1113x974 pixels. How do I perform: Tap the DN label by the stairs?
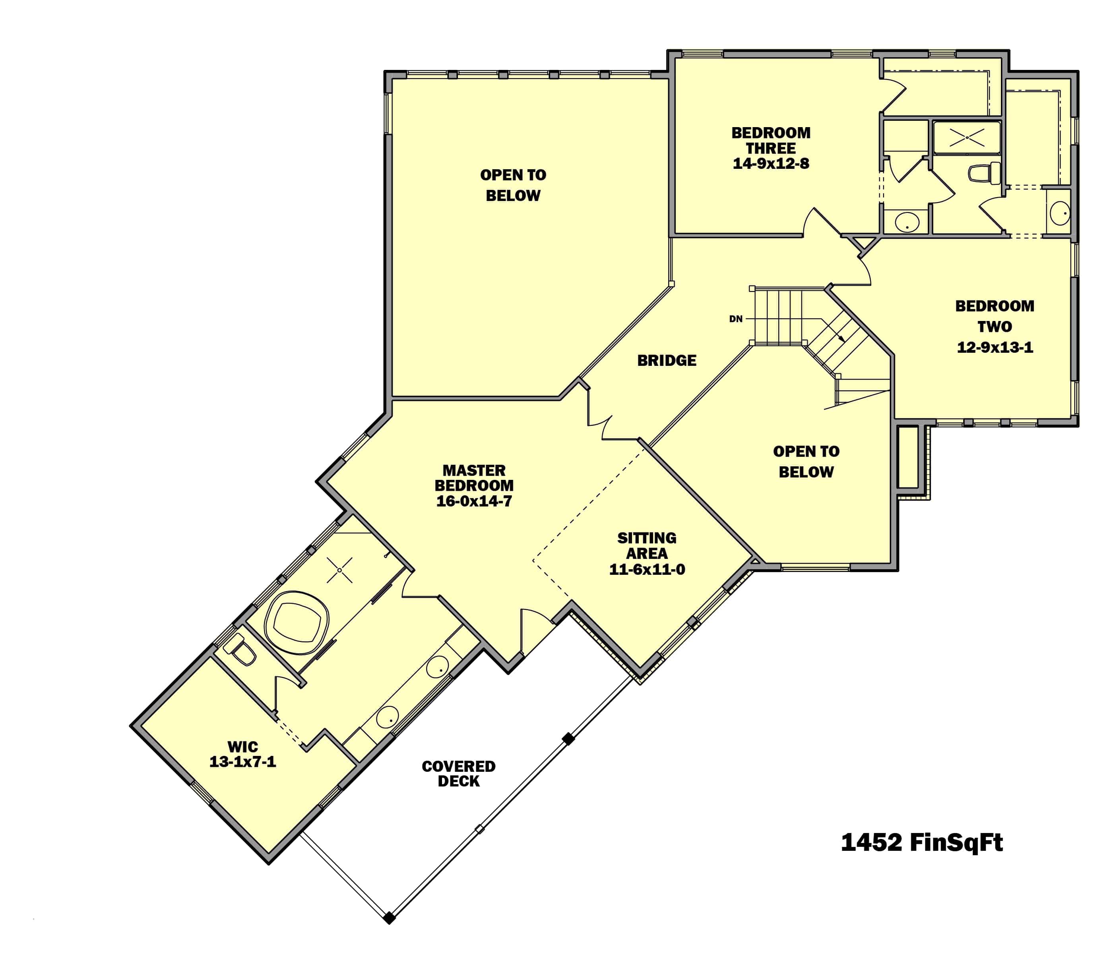tap(735, 319)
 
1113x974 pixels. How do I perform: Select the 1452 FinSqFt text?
tap(921, 843)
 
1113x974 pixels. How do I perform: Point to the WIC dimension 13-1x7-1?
tap(242, 762)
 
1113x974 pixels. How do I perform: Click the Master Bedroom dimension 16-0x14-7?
tap(474, 501)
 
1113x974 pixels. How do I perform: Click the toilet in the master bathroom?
tap(241, 650)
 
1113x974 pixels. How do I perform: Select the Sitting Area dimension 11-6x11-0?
tap(647, 570)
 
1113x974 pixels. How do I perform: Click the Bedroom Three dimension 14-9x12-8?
tap(770, 164)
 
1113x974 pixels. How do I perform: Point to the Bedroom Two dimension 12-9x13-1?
tap(995, 347)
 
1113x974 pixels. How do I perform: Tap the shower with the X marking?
tap(967, 137)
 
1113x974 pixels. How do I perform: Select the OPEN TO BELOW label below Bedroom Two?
tap(806, 462)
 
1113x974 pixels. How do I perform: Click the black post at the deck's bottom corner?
tap(389, 918)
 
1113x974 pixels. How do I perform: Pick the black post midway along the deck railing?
tap(568, 739)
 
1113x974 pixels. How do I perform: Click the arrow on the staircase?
tap(841, 338)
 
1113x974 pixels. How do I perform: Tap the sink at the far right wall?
tap(1060, 213)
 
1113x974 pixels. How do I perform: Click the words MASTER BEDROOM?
tap(474, 478)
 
